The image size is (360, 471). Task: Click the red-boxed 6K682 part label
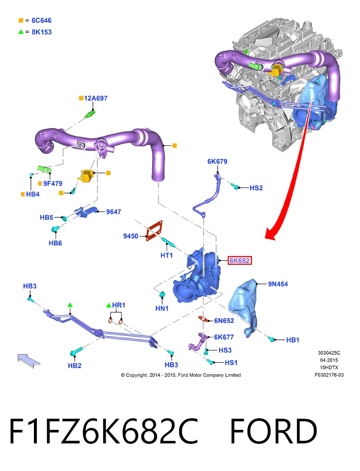pos(239,260)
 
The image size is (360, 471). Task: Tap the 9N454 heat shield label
pos(278,284)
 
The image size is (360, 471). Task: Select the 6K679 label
pos(217,161)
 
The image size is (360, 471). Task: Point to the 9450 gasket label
pos(130,236)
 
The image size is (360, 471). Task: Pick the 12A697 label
pos(95,98)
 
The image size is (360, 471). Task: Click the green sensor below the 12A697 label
pos(91,114)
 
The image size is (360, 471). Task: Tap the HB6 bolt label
pos(55,243)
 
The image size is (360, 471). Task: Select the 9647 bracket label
pos(113,212)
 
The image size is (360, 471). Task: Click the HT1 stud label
pos(166,255)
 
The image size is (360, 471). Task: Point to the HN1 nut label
pos(162,308)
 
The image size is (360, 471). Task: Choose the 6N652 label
pos(224,321)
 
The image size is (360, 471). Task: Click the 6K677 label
pos(224,337)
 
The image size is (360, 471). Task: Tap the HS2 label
pos(256,188)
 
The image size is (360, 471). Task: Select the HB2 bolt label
pos(75,365)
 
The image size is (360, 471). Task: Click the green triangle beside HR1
pos(109,305)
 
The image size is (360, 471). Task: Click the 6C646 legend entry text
pos(42,20)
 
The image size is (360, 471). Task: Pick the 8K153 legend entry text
pos(42,32)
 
